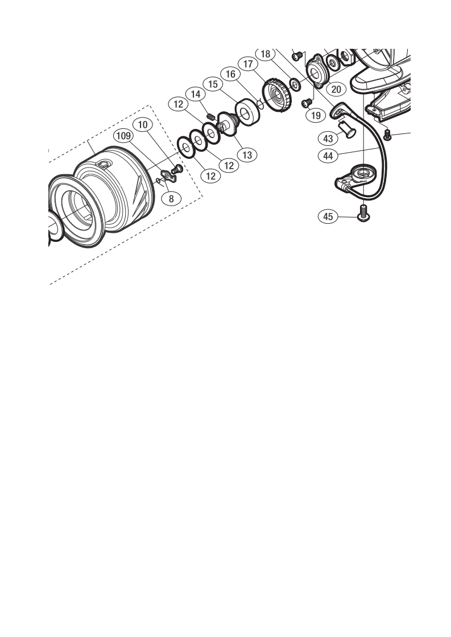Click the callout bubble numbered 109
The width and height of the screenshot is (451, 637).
(123, 135)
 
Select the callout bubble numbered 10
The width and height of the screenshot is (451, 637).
(142, 125)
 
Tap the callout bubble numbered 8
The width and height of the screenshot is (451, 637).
(171, 199)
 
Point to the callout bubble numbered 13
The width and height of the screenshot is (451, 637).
(247, 155)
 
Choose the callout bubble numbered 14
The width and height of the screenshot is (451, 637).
(196, 94)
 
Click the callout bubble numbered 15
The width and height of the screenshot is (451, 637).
(213, 84)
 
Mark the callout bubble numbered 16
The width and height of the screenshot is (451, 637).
(230, 74)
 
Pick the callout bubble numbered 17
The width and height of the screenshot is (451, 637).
(248, 64)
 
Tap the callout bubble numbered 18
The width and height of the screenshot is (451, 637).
(266, 54)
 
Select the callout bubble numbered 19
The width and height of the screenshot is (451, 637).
(316, 115)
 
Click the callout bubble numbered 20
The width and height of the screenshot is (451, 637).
(336, 89)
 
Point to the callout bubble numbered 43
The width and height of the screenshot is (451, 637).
(328, 139)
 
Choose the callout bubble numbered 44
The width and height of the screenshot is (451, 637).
(328, 156)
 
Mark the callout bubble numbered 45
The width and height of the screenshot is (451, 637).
(328, 216)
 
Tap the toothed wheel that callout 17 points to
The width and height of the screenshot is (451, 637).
(278, 96)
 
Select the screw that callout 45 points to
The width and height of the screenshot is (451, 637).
(362, 214)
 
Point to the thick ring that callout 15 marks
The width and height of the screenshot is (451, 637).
(247, 111)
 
